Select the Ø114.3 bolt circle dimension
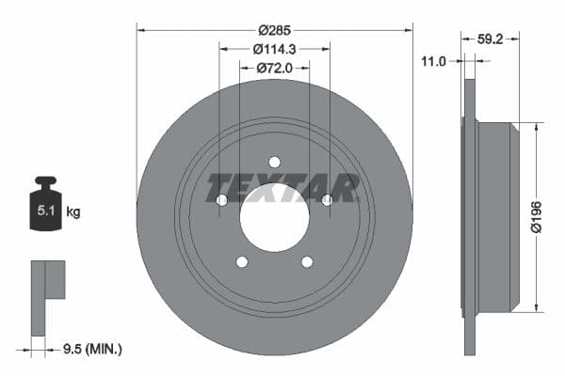click(x=274, y=49)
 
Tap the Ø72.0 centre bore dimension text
click(x=274, y=68)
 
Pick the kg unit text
click(x=73, y=212)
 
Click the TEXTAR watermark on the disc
click(x=282, y=188)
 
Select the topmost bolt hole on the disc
click(x=274, y=162)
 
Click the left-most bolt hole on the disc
click(x=222, y=199)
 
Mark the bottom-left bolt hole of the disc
click(x=242, y=261)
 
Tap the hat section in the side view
click(x=499, y=216)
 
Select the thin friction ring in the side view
click(x=470, y=216)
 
